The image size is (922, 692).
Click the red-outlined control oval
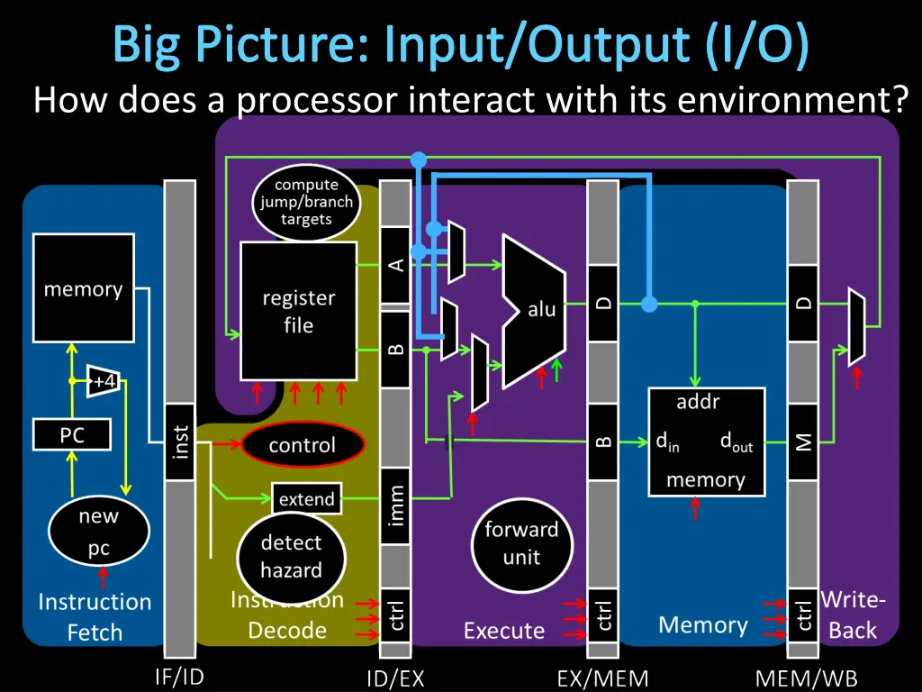coord(303,445)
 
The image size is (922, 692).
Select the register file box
coord(298,311)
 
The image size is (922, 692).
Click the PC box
coord(72,435)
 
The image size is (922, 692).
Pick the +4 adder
coord(104,381)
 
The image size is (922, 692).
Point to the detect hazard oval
coord(291,556)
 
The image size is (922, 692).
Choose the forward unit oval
coord(521,543)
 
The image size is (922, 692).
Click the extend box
coord(306,499)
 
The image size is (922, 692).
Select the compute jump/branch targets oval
coord(306,203)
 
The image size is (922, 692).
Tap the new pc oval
coord(98,533)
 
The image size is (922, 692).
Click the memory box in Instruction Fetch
coord(83,288)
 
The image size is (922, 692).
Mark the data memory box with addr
coord(706,442)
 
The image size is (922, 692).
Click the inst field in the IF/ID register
coord(180,442)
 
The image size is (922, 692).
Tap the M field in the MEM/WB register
coord(802,442)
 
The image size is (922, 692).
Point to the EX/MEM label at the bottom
coord(602,678)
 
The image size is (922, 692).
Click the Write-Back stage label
coord(853,615)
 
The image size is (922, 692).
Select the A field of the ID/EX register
coord(395,266)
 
